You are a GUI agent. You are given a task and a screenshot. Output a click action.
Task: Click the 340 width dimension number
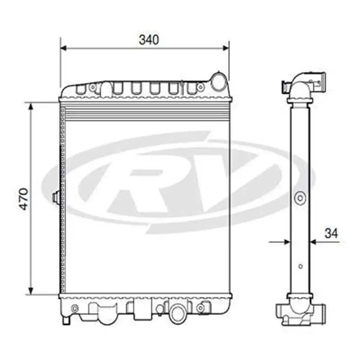pyautogui.click(x=149, y=40)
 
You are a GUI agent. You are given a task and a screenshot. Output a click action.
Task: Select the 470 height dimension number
pyautogui.click(x=24, y=198)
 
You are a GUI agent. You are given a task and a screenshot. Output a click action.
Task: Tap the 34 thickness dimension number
pyautogui.click(x=331, y=234)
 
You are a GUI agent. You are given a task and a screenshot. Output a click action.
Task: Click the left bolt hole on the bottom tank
pyautogui.click(x=75, y=308)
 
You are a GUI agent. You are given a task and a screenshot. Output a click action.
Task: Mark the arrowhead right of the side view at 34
pyautogui.click(x=313, y=242)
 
